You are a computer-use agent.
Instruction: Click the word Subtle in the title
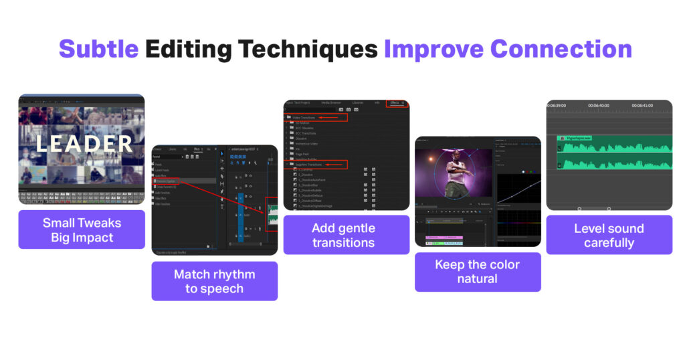[98, 50]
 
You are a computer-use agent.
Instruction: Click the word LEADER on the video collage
[84, 143]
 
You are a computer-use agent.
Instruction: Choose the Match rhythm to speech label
[214, 281]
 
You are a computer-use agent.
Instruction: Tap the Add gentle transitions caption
[346, 235]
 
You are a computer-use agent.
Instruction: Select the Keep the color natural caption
[478, 272]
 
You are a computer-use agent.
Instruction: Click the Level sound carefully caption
[609, 235]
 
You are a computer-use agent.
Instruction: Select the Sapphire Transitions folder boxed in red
[309, 164]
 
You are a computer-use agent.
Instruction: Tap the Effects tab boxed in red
[395, 103]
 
